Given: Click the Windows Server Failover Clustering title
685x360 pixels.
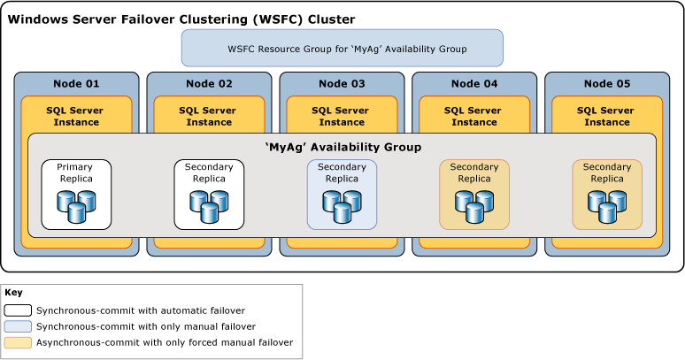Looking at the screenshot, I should click(x=181, y=19).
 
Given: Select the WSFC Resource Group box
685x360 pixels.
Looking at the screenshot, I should click(x=342, y=49).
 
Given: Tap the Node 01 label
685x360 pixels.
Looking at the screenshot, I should click(x=76, y=84).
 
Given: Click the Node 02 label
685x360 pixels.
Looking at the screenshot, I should click(x=209, y=84).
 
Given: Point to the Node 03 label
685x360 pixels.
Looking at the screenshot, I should click(x=342, y=84).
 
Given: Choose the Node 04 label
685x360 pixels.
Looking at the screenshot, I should click(x=474, y=84).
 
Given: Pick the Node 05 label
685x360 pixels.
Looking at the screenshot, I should click(x=607, y=84).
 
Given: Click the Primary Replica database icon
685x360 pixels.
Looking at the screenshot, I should click(x=76, y=206).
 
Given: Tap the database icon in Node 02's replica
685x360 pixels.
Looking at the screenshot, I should click(x=209, y=206).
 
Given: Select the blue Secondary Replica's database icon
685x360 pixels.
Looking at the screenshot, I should click(x=342, y=206).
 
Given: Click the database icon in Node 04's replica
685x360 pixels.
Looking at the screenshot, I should click(x=474, y=206).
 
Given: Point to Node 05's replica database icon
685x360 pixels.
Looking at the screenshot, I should click(x=607, y=206).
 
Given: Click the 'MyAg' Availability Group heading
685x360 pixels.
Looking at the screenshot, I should click(x=342, y=147).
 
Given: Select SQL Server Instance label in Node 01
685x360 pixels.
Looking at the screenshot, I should click(x=76, y=116).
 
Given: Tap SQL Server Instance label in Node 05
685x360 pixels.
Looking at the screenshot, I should click(x=607, y=116).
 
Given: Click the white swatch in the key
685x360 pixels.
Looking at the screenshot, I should click(x=18, y=310).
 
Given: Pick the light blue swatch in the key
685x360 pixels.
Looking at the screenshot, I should click(x=18, y=326).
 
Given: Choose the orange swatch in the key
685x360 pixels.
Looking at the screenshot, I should click(x=18, y=342).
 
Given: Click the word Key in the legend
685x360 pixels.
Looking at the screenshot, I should click(x=13, y=293).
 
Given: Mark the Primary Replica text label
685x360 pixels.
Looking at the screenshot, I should click(x=75, y=172).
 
